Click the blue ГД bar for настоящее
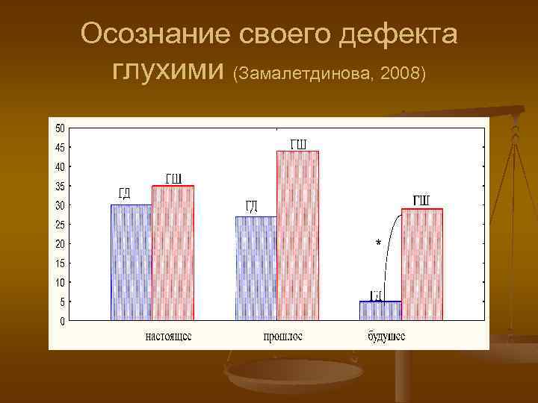pyautogui.click(x=131, y=262)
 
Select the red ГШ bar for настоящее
pyautogui.click(x=173, y=253)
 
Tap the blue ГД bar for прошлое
pyautogui.click(x=256, y=268)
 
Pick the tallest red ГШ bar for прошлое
pyautogui.click(x=297, y=235)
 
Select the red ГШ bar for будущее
pyautogui.click(x=422, y=264)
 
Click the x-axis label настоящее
pyautogui.click(x=168, y=337)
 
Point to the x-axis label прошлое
pyautogui.click(x=282, y=337)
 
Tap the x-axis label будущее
pyautogui.click(x=386, y=337)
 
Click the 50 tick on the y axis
pyautogui.click(x=59, y=128)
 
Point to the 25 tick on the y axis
pyautogui.click(x=59, y=224)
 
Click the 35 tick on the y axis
pyautogui.click(x=59, y=186)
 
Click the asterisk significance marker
pyautogui.click(x=378, y=243)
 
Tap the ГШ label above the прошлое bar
pyautogui.click(x=297, y=143)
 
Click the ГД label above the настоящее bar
pyautogui.click(x=125, y=194)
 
